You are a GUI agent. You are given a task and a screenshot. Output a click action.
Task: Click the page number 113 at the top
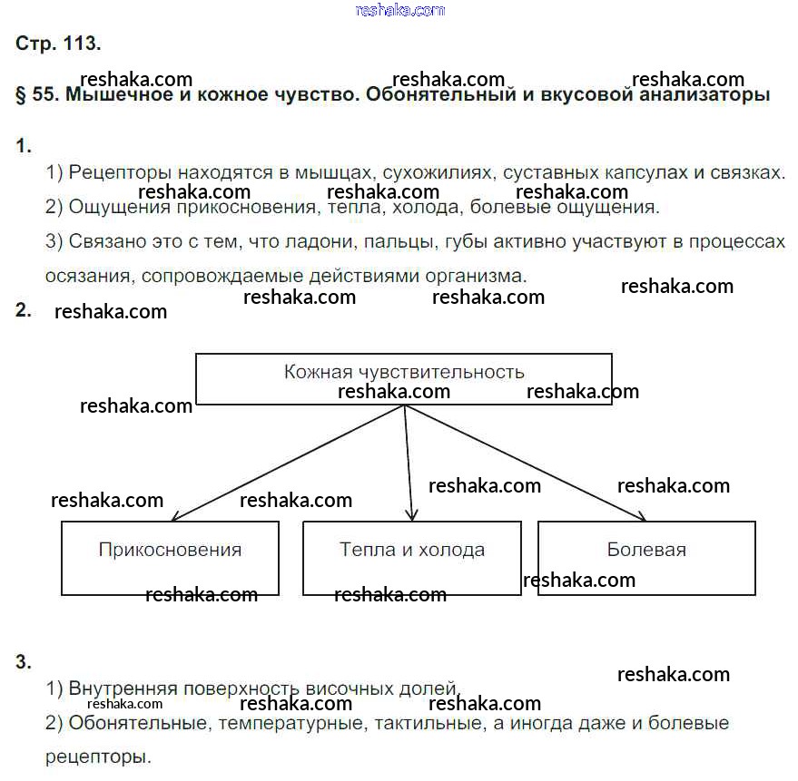click(82, 44)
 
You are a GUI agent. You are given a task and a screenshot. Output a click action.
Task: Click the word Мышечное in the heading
click(111, 95)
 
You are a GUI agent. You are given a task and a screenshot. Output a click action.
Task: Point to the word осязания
click(84, 276)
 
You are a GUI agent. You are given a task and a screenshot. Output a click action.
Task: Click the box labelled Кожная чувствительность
click(404, 378)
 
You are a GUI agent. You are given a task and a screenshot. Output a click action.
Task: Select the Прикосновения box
click(170, 557)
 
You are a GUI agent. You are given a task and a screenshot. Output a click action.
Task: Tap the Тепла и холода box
click(412, 557)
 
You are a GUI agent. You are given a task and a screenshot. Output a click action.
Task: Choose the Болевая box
click(646, 557)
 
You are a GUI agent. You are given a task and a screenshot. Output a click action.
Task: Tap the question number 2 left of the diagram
click(24, 311)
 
